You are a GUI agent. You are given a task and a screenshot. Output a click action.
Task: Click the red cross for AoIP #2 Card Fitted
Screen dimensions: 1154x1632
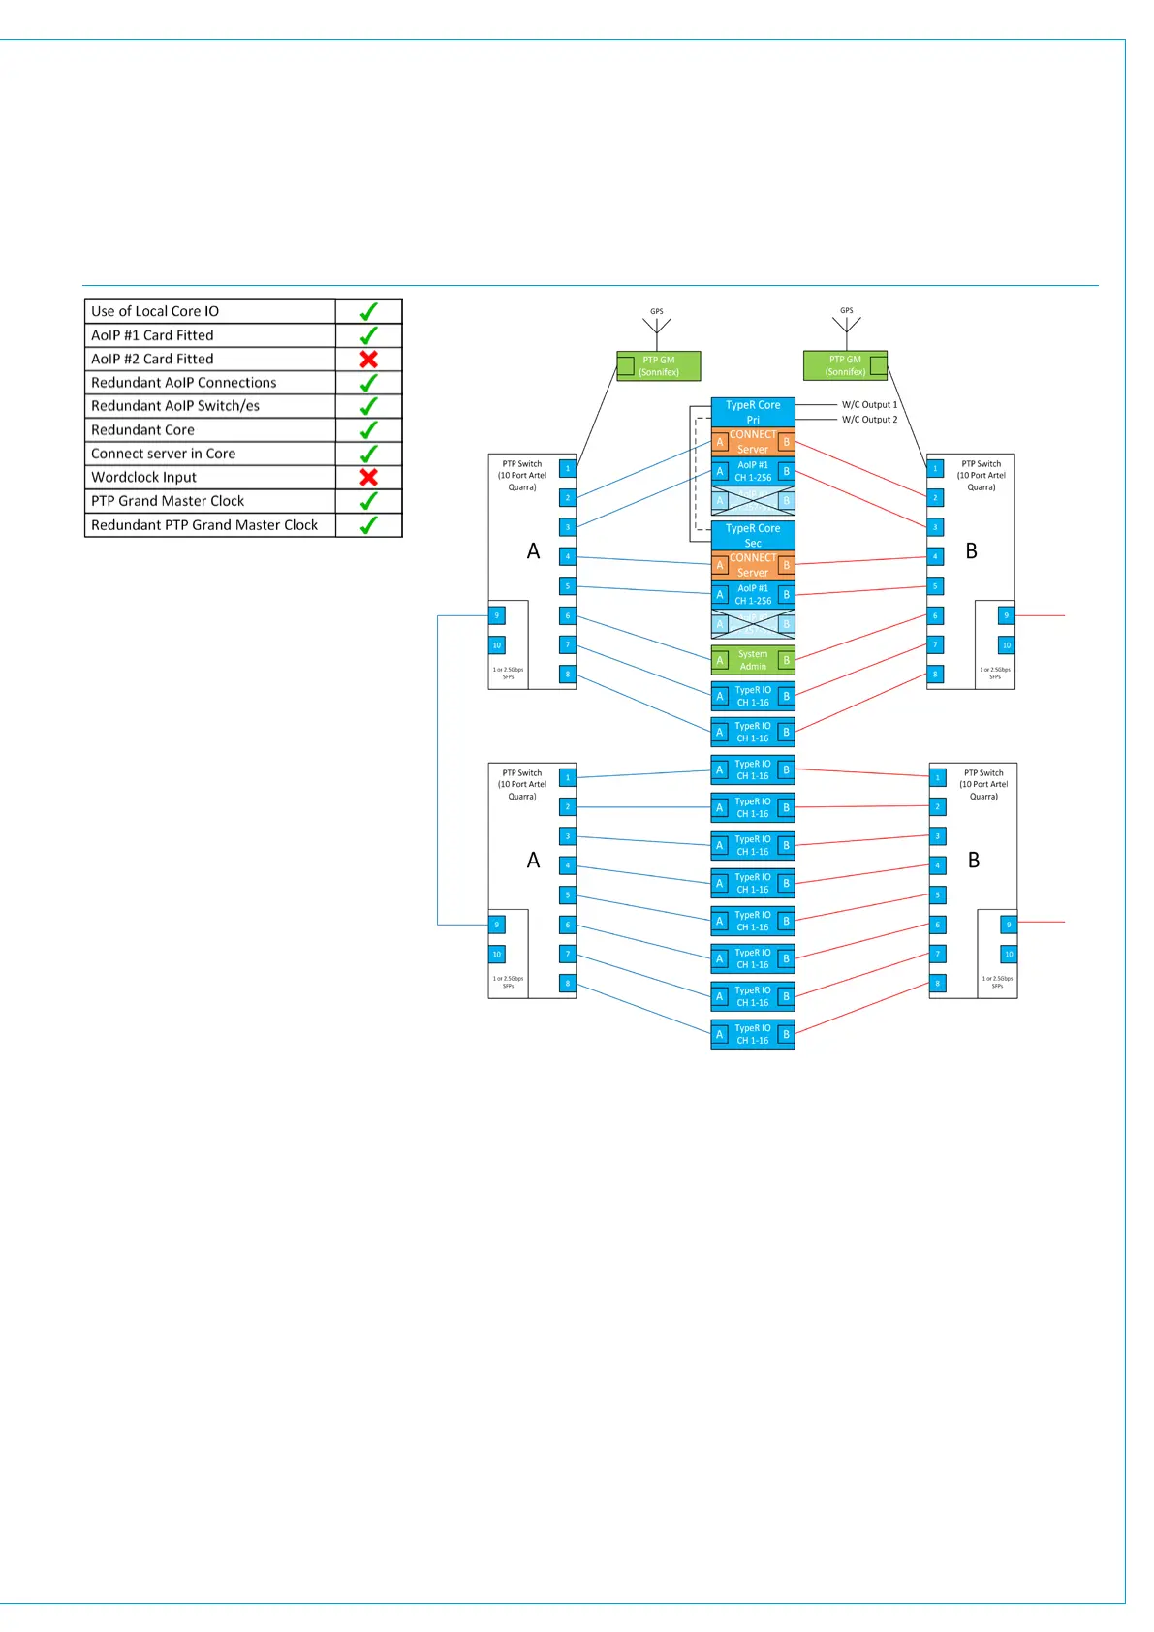[x=368, y=359]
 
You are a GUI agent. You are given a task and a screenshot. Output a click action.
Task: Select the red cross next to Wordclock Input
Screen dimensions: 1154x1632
[x=368, y=477]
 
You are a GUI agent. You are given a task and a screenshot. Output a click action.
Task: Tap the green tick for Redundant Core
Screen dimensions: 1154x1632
[x=368, y=429]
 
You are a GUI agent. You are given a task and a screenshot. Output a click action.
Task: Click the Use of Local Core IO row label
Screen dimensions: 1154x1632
[x=155, y=311]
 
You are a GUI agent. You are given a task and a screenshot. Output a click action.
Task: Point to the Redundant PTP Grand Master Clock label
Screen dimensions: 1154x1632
[x=204, y=524]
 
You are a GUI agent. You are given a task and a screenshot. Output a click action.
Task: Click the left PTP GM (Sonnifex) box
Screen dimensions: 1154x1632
[x=659, y=365]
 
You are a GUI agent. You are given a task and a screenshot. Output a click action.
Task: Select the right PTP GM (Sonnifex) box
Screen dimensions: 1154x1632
[x=845, y=365]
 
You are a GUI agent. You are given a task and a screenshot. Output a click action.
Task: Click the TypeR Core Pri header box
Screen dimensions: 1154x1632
[x=753, y=412]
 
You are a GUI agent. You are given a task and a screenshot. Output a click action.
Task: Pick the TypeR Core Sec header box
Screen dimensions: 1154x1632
[x=753, y=535]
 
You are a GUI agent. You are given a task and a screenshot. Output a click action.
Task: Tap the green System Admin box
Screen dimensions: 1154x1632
[x=753, y=660]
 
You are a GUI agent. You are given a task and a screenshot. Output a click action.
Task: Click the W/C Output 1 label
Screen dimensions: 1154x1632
[x=869, y=404]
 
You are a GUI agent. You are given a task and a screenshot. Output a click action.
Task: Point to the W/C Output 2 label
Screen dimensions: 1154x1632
[x=869, y=420]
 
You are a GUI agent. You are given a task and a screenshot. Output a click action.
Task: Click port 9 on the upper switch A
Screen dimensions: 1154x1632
[x=497, y=615]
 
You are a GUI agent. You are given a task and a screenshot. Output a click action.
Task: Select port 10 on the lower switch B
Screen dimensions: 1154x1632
[x=1009, y=955]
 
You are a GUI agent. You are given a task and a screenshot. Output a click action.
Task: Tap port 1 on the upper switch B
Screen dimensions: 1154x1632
[x=935, y=469]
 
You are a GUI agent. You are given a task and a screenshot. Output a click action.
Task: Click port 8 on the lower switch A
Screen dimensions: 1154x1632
[x=568, y=984]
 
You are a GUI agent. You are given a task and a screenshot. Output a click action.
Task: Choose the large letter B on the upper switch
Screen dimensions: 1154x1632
[x=971, y=551]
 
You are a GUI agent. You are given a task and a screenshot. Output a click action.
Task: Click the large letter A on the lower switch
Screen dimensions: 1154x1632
[x=533, y=861]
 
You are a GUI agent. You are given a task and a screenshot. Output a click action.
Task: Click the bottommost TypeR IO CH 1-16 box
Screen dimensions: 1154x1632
[x=753, y=1034]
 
